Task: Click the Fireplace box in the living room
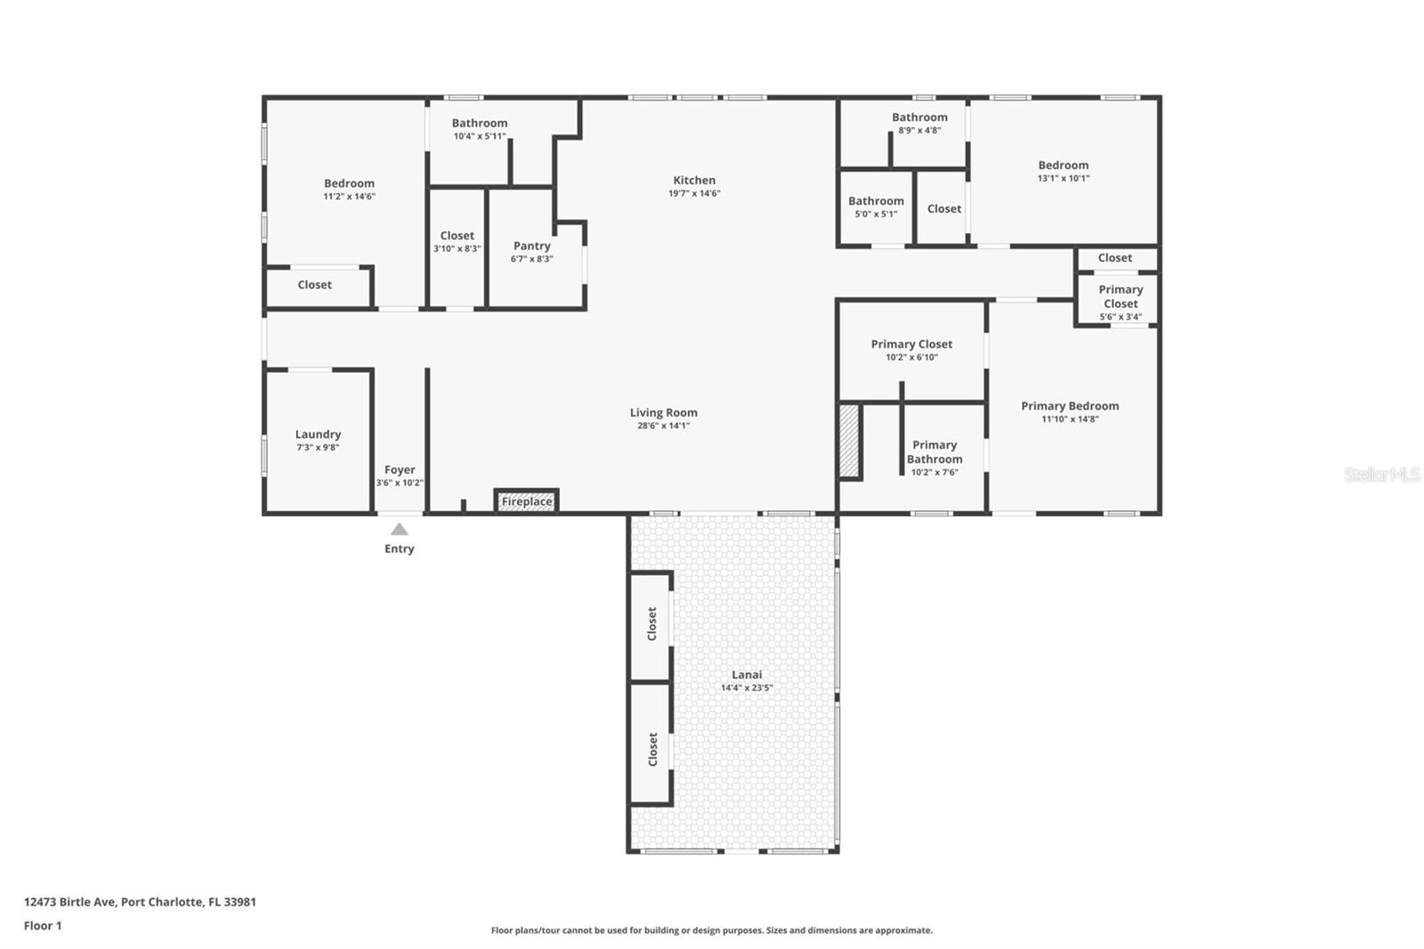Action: [x=526, y=501]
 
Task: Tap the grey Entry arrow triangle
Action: [x=400, y=529]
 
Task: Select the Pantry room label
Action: [x=531, y=246]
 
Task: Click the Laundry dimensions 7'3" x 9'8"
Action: [x=318, y=448]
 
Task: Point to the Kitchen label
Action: [x=694, y=180]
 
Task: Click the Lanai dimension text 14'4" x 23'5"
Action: [x=747, y=688]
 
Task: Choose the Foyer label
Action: [x=400, y=469]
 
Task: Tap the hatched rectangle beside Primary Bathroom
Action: [x=849, y=442]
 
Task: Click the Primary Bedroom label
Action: [x=1070, y=406]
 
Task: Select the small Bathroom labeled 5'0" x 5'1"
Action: [x=876, y=207]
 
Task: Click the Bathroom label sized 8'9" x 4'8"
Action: [x=919, y=118]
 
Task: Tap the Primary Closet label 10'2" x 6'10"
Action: [x=911, y=345]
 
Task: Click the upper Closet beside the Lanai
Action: [x=651, y=623]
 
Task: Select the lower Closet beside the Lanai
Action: [x=651, y=749]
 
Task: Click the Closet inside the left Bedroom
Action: [x=314, y=285]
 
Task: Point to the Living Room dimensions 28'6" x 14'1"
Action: [x=663, y=426]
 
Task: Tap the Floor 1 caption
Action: [x=43, y=926]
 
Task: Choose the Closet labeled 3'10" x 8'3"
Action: [x=457, y=242]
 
